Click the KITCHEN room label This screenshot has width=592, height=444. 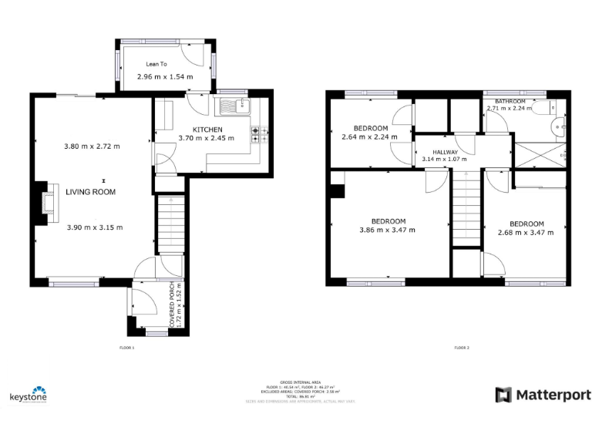[207, 129]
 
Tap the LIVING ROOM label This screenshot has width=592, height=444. [90, 192]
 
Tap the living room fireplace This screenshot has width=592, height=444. [47, 200]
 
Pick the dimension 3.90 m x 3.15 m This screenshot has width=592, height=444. [94, 227]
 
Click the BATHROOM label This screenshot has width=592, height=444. [510, 102]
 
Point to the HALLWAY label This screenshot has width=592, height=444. [445, 152]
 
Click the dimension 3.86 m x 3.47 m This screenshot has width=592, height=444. [387, 230]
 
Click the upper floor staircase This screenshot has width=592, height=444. [465, 208]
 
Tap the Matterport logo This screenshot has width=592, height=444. [543, 395]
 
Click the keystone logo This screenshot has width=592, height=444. [29, 395]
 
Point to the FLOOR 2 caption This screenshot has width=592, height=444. [462, 348]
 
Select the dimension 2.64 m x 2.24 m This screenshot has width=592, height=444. [370, 137]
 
